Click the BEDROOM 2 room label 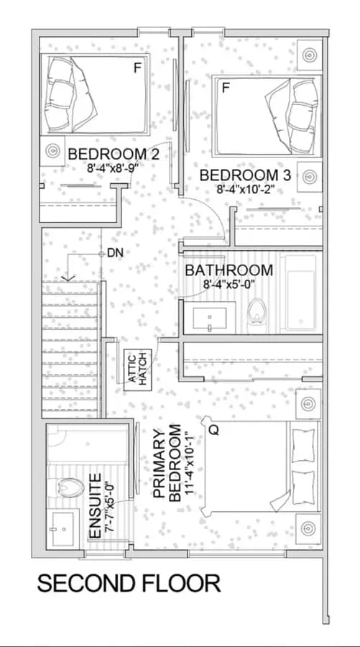coord(114,155)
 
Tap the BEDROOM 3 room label coord(245,175)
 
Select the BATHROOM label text coord(229,271)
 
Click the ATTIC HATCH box coord(138,370)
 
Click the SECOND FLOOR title coord(129,584)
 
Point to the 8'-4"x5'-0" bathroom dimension coord(229,284)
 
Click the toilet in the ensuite coord(66,488)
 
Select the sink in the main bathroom coord(210,318)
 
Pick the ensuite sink coord(63,528)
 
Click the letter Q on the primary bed coord(213,431)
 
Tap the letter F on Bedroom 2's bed coord(137,68)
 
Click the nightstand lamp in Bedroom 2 coord(52,151)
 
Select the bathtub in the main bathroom coord(302,295)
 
